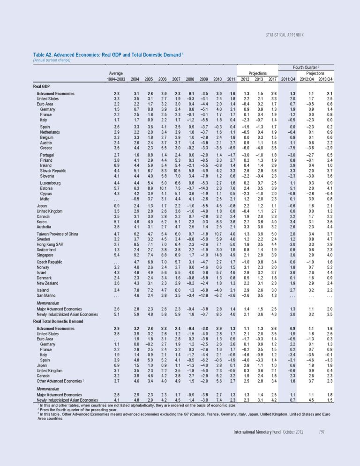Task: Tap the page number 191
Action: (x=321, y=444)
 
